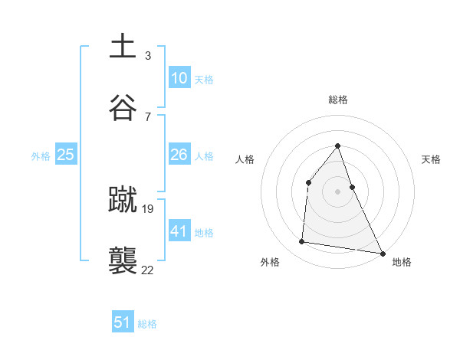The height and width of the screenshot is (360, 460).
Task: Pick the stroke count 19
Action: [148, 208]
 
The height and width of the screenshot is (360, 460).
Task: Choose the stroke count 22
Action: [148, 269]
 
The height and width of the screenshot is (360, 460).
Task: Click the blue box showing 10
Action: [179, 78]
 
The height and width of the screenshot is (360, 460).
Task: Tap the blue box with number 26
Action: [179, 155]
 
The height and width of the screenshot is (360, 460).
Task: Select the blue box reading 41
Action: [179, 231]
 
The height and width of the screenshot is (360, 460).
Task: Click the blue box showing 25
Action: [65, 155]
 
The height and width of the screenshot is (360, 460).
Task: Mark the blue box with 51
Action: [123, 322]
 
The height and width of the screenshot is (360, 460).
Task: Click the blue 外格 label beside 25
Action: [41, 155]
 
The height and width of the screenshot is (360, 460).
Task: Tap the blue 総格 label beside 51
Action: [147, 324]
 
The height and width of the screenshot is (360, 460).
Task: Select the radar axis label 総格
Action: [337, 100]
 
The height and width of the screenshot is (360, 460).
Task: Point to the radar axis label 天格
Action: [431, 159]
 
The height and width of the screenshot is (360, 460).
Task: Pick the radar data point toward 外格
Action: [302, 242]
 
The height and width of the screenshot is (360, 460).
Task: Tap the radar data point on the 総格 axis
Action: [337, 146]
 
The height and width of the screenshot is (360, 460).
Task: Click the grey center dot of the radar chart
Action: [337, 191]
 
